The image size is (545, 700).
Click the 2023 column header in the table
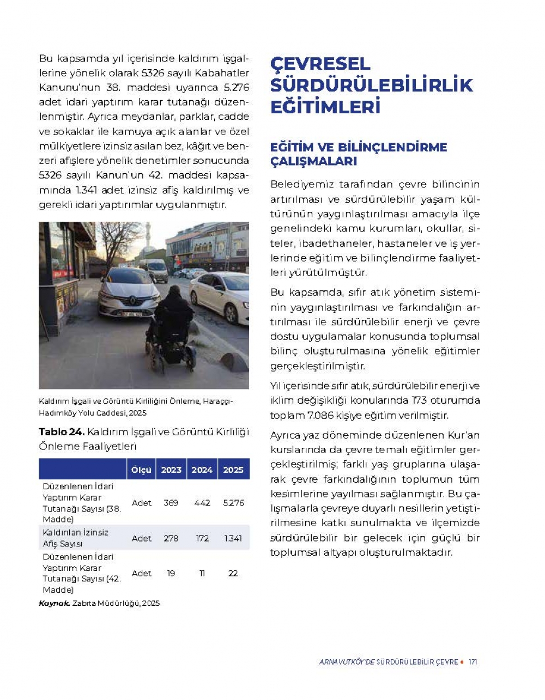pos(171,470)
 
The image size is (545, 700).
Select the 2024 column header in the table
pos(202,470)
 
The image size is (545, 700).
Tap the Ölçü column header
pos(141,470)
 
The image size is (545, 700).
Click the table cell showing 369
pos(171,503)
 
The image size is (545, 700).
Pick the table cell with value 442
pos(202,503)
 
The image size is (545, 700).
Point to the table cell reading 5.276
pos(233,503)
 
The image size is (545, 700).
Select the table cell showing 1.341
pos(233,538)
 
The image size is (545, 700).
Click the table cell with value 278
pos(171,538)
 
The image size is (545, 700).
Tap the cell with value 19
pos(171,573)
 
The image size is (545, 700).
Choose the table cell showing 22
pos(233,573)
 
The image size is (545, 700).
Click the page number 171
pos(473,662)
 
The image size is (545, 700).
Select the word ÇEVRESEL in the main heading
pos(320,64)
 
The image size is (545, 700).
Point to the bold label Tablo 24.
pos(62,432)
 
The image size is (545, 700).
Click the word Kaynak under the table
pos(54,603)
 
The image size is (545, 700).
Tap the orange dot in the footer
pos(462,662)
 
